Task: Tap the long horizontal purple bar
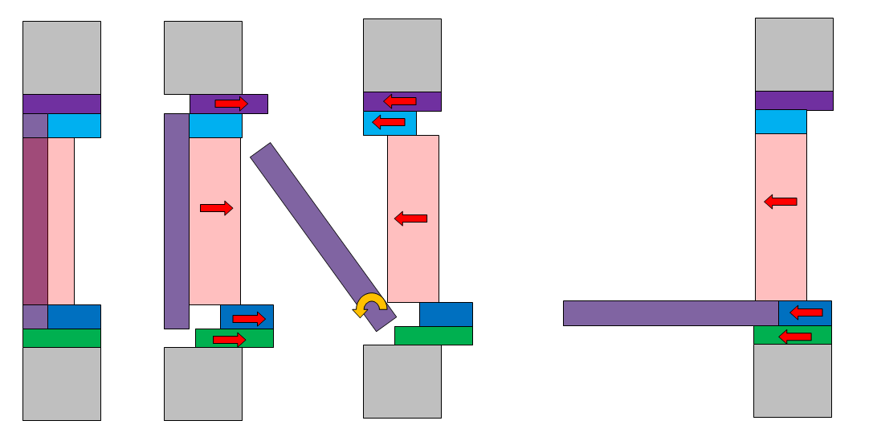(x=670, y=312)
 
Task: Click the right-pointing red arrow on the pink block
(x=216, y=208)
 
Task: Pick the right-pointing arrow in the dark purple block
(x=231, y=104)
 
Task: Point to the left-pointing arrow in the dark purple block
(x=399, y=101)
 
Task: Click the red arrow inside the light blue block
(x=389, y=122)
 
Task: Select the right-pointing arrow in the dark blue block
(x=248, y=319)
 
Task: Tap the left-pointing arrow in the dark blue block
(x=806, y=312)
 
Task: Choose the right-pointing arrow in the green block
(x=229, y=340)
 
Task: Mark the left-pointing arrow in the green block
(x=795, y=337)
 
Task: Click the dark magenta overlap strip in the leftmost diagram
(x=35, y=221)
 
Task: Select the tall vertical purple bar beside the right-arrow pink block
(x=177, y=221)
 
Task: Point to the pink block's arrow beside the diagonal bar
(x=410, y=218)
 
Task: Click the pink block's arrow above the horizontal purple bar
(x=780, y=202)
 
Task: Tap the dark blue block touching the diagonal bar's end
(x=446, y=314)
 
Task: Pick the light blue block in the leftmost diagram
(x=74, y=125)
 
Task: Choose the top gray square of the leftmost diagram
(x=62, y=57)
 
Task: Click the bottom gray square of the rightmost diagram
(x=792, y=380)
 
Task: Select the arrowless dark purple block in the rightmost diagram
(x=794, y=100)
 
